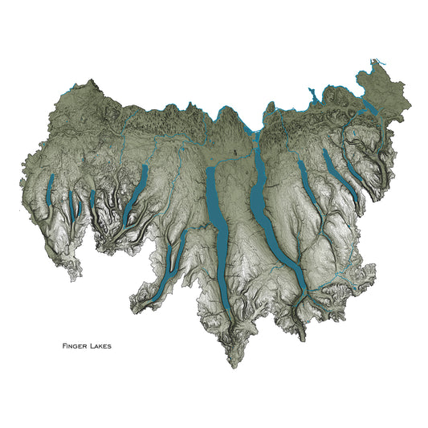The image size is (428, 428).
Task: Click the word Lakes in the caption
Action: pyautogui.click(x=100, y=347)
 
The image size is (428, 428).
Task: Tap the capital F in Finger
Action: pyautogui.click(x=64, y=347)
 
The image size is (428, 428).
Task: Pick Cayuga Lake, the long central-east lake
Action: pyautogui.click(x=260, y=201)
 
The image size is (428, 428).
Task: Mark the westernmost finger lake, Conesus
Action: pyautogui.click(x=50, y=193)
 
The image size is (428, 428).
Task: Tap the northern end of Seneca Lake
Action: pyautogui.click(x=210, y=170)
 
